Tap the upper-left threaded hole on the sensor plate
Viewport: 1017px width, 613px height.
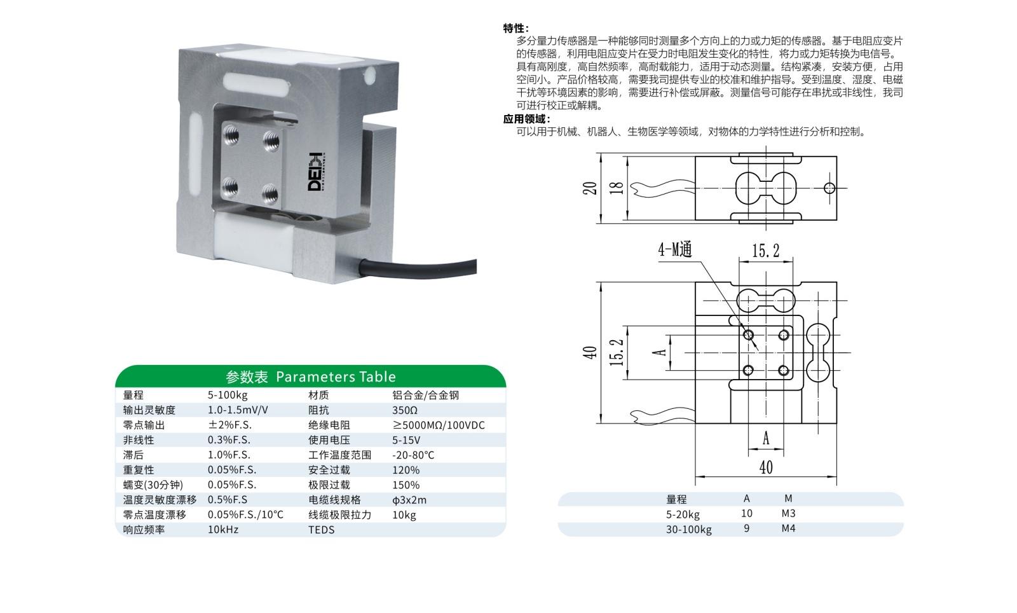click(231, 135)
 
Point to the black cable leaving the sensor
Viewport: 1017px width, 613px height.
click(418, 268)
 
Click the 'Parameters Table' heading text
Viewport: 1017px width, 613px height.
click(336, 376)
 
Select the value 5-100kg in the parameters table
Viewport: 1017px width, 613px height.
click(228, 395)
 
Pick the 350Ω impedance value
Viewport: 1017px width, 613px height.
click(404, 410)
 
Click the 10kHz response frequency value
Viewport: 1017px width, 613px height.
click(223, 530)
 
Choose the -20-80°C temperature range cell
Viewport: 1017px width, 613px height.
click(413, 455)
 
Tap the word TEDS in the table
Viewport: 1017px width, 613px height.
click(322, 530)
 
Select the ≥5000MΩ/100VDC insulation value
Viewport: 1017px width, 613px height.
click(439, 425)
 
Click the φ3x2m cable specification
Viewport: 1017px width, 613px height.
click(409, 500)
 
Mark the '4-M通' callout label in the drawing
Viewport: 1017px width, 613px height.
click(675, 249)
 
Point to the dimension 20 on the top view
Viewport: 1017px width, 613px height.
click(589, 188)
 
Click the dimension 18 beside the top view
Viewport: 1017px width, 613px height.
click(616, 188)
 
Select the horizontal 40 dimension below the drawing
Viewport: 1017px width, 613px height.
click(766, 467)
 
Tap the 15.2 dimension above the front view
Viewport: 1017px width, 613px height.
click(765, 250)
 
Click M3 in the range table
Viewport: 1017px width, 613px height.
click(789, 513)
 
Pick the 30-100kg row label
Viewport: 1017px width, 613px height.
click(689, 530)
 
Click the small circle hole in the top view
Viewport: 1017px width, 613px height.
click(829, 188)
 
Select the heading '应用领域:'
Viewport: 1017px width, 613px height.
click(527, 119)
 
